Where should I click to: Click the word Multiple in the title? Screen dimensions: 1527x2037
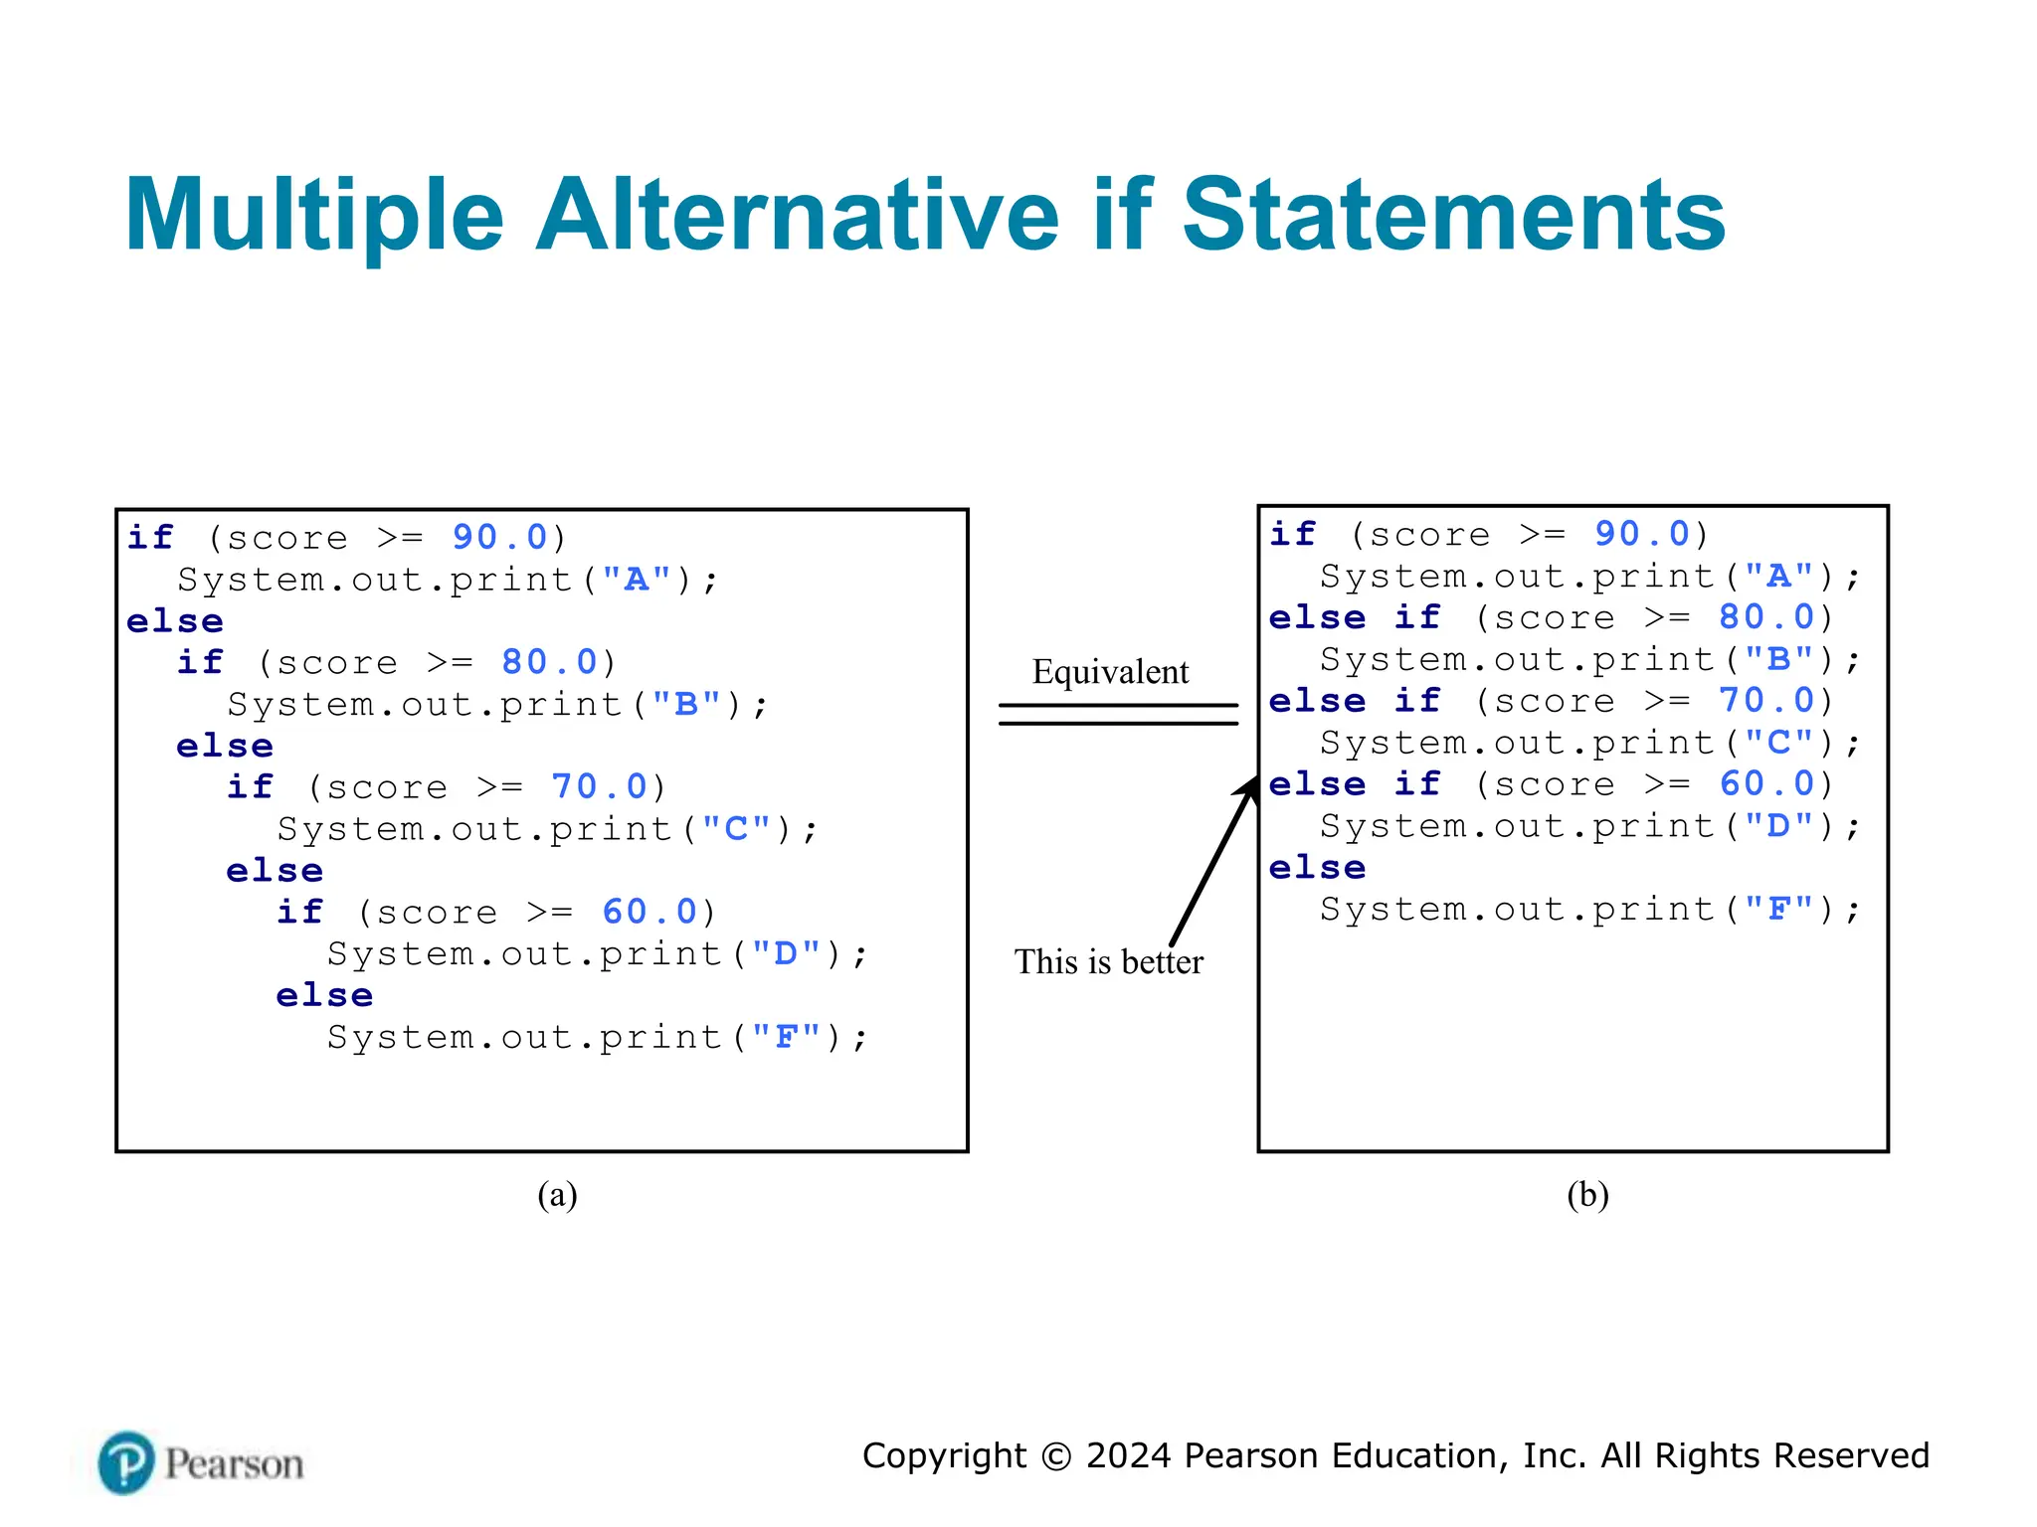click(314, 216)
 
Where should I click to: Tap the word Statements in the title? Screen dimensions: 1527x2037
click(1453, 216)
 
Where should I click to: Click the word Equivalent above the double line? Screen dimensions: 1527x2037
click(1110, 672)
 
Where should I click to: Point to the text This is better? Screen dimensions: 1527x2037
click(1108, 962)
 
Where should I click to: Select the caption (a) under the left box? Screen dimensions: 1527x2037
click(557, 1194)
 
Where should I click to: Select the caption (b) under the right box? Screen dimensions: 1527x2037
click(1587, 1194)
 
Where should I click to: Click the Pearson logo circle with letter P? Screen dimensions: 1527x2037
click(126, 1462)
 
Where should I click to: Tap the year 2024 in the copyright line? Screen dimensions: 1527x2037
click(1129, 1455)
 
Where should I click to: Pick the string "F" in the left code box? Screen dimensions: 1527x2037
click(786, 1038)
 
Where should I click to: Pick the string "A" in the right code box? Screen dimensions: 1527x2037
click(1778, 577)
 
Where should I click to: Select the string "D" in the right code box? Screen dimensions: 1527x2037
click(1778, 826)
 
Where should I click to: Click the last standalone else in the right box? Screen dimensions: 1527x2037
click(1317, 868)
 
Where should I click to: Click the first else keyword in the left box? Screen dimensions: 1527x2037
click(175, 621)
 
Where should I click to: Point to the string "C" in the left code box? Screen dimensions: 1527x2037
click(736, 829)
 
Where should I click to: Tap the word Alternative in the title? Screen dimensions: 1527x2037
click(798, 216)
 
